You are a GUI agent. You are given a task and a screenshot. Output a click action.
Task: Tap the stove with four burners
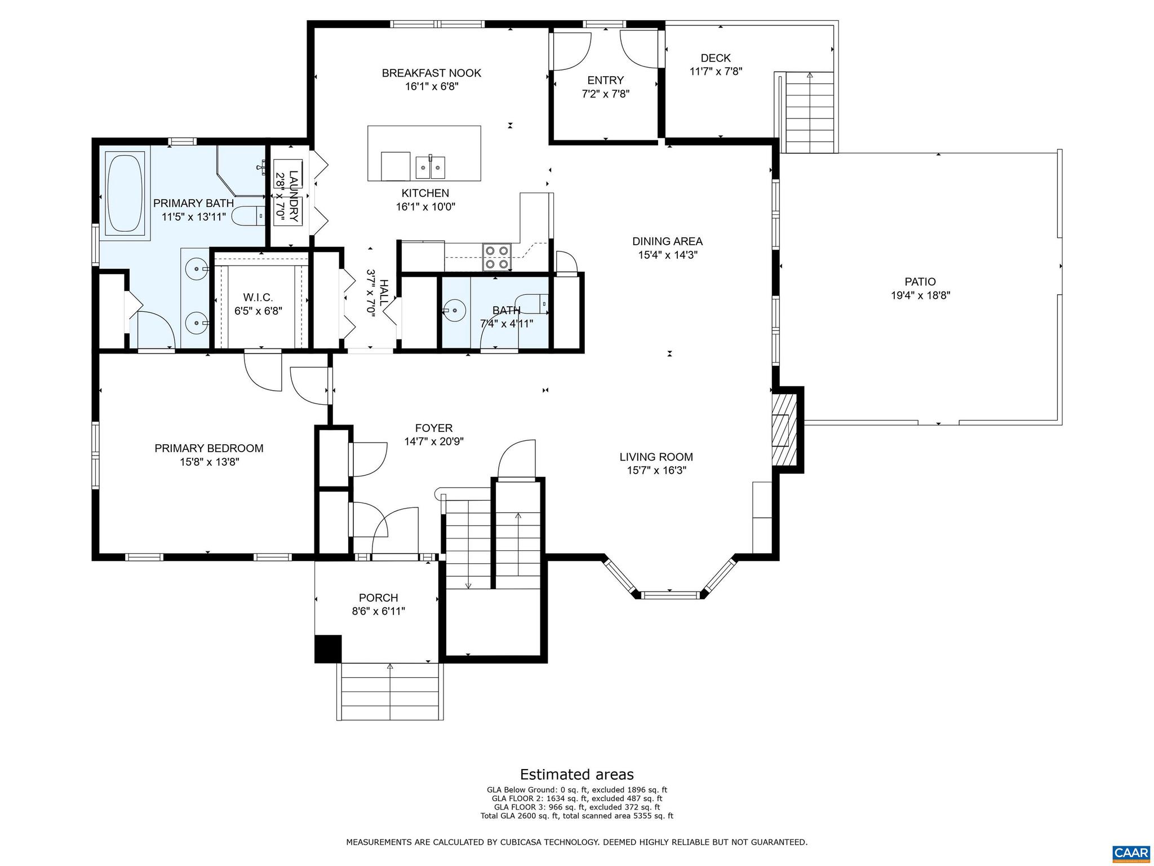[496, 257]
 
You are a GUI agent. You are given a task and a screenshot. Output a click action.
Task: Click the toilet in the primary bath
[248, 215]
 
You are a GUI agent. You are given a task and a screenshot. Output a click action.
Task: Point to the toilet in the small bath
[531, 303]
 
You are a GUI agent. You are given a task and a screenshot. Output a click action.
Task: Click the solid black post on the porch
[328, 648]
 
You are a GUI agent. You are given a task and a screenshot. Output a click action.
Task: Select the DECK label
[716, 58]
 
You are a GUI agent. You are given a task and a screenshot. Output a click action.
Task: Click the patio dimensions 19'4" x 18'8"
[920, 295]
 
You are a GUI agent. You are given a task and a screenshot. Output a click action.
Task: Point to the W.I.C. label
[258, 297]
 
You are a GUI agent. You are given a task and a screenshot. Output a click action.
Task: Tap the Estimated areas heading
[576, 774]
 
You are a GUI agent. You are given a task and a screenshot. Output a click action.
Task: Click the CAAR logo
[1131, 852]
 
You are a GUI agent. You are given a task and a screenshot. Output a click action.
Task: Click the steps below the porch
[390, 692]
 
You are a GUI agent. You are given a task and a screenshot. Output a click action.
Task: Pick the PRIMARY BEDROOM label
[209, 448]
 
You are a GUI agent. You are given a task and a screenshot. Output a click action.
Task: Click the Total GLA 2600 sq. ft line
[576, 816]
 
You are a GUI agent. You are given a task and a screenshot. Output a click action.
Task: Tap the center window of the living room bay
[671, 594]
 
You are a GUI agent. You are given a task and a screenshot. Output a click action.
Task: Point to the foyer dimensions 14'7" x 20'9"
[434, 442]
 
